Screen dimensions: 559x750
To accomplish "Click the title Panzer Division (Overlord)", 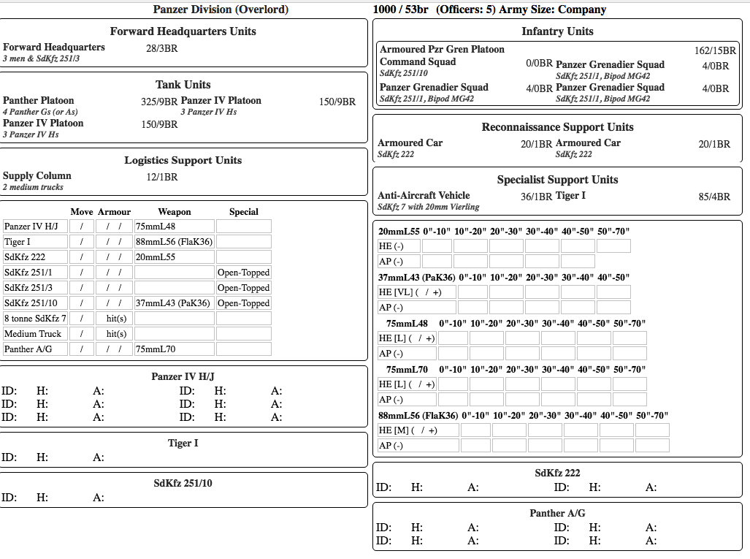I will click(221, 9).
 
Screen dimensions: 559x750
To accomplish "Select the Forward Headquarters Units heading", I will click(183, 31).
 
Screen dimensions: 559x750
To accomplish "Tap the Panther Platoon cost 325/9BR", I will click(159, 102).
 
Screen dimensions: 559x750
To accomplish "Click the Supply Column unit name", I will click(37, 176).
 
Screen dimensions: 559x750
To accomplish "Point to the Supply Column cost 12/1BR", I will click(161, 177).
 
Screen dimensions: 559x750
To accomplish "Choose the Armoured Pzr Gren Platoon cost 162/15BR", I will click(715, 51).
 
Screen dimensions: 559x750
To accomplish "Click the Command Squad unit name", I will click(418, 62).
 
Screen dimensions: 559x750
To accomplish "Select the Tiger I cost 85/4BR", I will click(714, 197).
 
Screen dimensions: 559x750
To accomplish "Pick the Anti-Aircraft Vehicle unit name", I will click(424, 196).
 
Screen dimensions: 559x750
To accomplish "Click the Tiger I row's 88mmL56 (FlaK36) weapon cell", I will click(174, 242).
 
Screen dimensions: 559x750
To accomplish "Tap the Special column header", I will click(243, 212).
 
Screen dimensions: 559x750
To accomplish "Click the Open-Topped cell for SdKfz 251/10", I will click(243, 303).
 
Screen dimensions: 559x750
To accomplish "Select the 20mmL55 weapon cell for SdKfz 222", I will click(174, 257).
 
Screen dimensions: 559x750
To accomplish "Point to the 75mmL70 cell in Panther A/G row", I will click(174, 349).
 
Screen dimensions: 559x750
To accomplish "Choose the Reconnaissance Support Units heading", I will click(557, 127).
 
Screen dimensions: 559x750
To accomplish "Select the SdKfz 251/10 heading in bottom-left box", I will click(183, 483).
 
